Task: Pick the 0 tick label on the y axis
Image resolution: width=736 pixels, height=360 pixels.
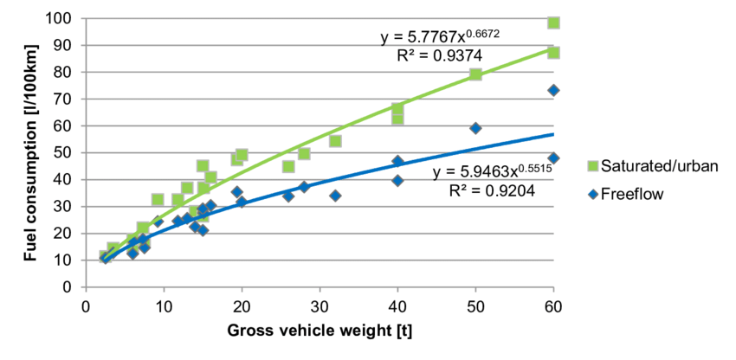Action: tap(69, 286)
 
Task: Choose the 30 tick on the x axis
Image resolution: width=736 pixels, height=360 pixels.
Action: tap(320, 307)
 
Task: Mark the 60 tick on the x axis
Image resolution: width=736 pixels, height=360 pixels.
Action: tap(553, 307)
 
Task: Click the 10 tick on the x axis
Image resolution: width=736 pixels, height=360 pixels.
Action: tap(164, 307)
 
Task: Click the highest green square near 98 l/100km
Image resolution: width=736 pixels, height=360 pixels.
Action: tap(553, 22)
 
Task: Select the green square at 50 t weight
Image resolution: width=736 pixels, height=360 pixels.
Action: tap(475, 74)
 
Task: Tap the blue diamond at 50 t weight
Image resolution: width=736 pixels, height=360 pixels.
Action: tap(475, 128)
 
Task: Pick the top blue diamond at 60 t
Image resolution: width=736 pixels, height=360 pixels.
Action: tap(553, 90)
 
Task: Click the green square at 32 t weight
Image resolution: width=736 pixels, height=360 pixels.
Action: tap(335, 141)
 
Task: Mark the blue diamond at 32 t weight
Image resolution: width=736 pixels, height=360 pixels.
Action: tap(335, 196)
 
